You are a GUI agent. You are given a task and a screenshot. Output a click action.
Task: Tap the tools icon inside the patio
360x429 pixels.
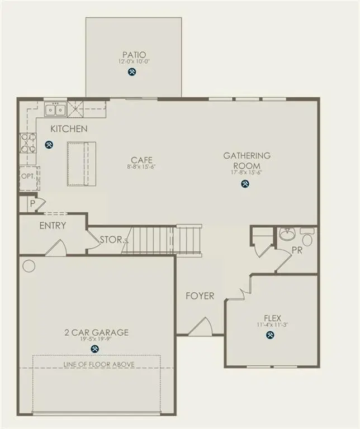(132, 71)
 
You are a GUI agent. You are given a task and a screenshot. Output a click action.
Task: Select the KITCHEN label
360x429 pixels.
(69, 129)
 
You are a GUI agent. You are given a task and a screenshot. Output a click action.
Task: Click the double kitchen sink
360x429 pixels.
(55, 109)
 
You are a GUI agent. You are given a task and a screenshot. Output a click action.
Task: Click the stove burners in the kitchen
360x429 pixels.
(28, 143)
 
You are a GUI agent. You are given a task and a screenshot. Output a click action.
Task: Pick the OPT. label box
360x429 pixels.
(28, 175)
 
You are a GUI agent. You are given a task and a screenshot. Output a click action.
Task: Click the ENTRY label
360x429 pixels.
(53, 226)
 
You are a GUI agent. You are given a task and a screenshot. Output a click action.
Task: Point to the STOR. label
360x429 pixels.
(112, 240)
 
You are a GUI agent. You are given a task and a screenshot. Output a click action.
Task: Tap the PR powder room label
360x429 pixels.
(297, 251)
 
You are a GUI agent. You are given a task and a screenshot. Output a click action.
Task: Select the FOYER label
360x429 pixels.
(200, 296)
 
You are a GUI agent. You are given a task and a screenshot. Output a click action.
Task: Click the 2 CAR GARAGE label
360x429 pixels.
(96, 332)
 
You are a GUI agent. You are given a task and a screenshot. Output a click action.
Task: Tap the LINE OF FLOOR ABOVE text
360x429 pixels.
(98, 364)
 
